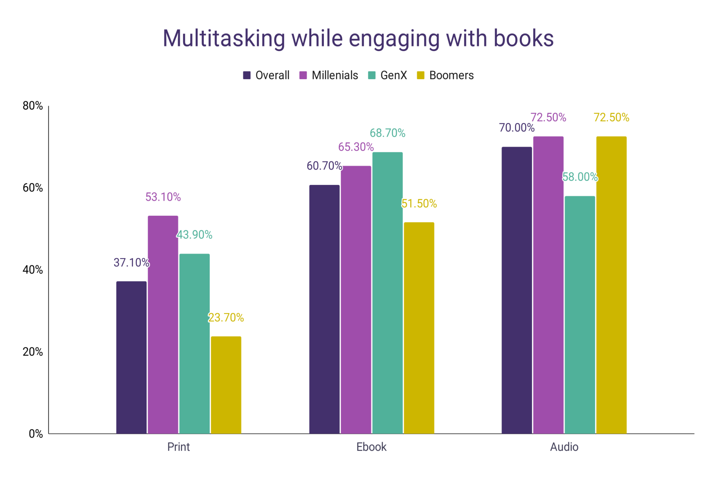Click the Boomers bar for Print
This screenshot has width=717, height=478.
pyautogui.click(x=226, y=385)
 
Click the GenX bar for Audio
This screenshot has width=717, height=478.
pyautogui.click(x=580, y=315)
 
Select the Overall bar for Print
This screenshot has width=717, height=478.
pyautogui.click(x=131, y=357)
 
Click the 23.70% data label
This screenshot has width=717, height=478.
pyautogui.click(x=226, y=318)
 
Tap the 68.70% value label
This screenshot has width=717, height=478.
pyautogui.click(x=387, y=133)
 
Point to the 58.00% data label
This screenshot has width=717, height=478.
pyautogui.click(x=580, y=177)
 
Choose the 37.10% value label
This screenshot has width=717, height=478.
pyautogui.click(x=131, y=263)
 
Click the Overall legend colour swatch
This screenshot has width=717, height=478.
pyautogui.click(x=247, y=75)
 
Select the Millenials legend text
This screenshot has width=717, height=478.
pyautogui.click(x=335, y=75)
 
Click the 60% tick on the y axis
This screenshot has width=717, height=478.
pyautogui.click(x=33, y=188)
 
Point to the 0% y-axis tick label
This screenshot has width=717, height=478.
pyautogui.click(x=36, y=434)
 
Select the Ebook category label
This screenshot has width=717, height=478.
pyautogui.click(x=371, y=447)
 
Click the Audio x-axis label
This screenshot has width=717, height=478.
pyautogui.click(x=564, y=447)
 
